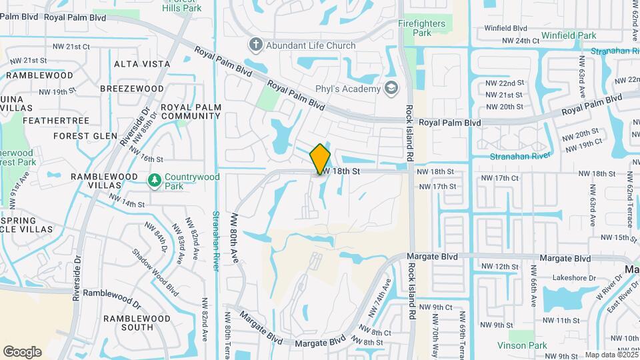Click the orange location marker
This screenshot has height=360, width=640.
click(320, 159)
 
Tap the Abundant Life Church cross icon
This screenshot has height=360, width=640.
click(255, 45)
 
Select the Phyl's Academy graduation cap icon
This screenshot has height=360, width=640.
click(391, 89)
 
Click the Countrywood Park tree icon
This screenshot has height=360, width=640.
click(155, 180)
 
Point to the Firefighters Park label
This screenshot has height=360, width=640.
click(422, 27)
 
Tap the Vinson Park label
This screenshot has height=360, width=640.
click(522, 345)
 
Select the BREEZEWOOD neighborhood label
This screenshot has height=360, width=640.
click(131, 89)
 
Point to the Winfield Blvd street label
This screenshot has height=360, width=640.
click(505, 29)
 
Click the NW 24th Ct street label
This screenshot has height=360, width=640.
click(520, 41)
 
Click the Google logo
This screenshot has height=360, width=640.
click(22, 351)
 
